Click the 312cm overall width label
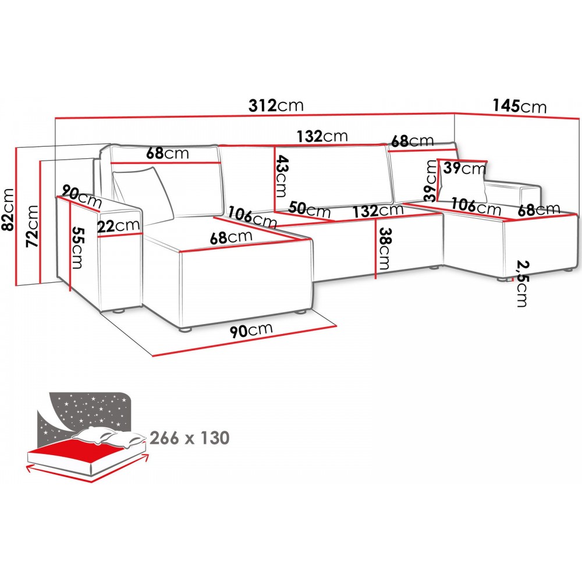point(276,105)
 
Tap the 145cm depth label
point(520,106)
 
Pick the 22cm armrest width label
point(119,225)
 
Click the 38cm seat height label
point(384,247)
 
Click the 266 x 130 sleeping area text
point(189,438)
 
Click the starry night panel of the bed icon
point(87,410)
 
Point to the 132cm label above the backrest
point(322,136)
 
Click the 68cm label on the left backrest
point(168,154)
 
